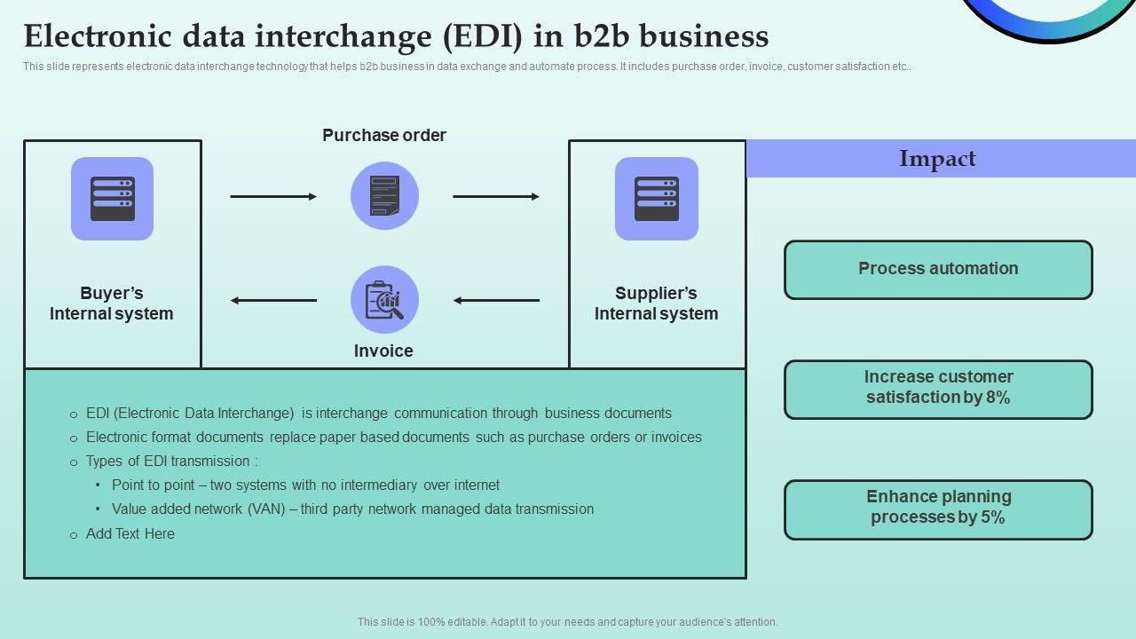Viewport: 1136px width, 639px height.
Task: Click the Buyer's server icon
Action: pyautogui.click(x=112, y=199)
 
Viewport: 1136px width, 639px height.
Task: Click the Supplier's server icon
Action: pyautogui.click(x=657, y=199)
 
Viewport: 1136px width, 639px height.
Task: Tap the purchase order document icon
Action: pyautogui.click(x=384, y=196)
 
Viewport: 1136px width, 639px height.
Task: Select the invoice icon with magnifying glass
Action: pyautogui.click(x=384, y=300)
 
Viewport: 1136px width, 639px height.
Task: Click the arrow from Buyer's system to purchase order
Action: pyautogui.click(x=273, y=196)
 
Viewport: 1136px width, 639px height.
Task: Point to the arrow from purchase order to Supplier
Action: pyautogui.click(x=496, y=196)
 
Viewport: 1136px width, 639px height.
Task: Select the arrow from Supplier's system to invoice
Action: pyautogui.click(x=496, y=300)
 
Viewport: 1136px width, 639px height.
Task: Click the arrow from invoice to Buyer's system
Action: pyautogui.click(x=273, y=300)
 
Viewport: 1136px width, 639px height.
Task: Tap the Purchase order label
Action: pyautogui.click(x=384, y=135)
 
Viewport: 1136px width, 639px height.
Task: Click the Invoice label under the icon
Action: pyautogui.click(x=383, y=351)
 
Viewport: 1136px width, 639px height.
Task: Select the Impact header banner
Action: pyautogui.click(x=939, y=159)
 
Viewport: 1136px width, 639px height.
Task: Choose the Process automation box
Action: pyautogui.click(x=938, y=270)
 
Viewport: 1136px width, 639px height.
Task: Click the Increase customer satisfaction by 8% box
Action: pyautogui.click(x=938, y=389)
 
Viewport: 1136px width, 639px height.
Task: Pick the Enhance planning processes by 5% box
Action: pyautogui.click(x=938, y=509)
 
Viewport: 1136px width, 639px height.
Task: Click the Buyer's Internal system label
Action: pyautogui.click(x=112, y=304)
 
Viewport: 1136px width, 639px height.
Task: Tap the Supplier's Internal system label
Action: pyautogui.click(x=657, y=304)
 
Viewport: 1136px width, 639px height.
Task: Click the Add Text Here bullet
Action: pyautogui.click(x=130, y=533)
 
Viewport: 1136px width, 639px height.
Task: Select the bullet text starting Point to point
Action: pyautogui.click(x=305, y=485)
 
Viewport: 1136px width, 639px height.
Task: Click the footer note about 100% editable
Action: pyautogui.click(x=568, y=622)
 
